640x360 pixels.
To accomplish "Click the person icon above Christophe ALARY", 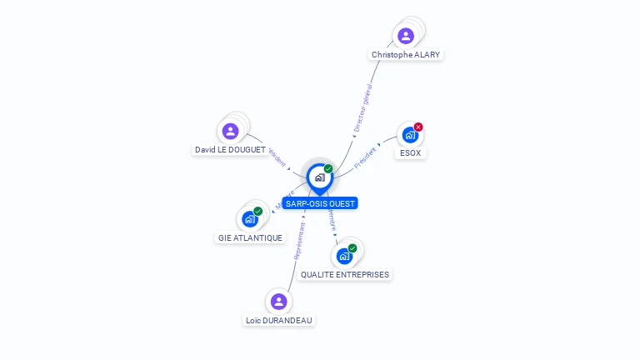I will coord(406,36).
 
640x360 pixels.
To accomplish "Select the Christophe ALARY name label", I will coord(406,55).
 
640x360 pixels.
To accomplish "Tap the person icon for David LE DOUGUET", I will coord(231,131).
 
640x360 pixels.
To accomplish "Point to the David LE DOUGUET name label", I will coord(230,150).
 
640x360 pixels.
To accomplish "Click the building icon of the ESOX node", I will coord(409,135).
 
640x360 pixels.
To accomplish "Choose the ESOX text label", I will coord(410,153).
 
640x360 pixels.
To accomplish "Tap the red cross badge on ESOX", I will coord(418,127).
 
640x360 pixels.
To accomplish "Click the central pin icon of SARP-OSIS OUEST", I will coord(319,177).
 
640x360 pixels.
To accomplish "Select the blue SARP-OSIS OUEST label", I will coord(320,203).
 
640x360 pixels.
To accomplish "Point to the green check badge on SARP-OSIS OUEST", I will coord(328,168).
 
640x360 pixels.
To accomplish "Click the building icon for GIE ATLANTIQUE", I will coord(249,219).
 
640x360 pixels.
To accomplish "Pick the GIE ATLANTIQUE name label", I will coord(250,237).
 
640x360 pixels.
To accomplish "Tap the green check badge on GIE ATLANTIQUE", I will coord(258,211).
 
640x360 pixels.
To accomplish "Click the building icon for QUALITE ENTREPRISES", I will coord(344,256).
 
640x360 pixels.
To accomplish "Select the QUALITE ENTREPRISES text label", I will coord(345,274).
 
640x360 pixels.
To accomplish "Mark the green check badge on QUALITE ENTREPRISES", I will coord(352,248).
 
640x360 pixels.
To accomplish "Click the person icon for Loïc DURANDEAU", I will coord(279,301).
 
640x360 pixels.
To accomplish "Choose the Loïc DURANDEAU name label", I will coord(280,320).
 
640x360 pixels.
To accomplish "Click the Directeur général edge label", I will coord(362,109).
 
